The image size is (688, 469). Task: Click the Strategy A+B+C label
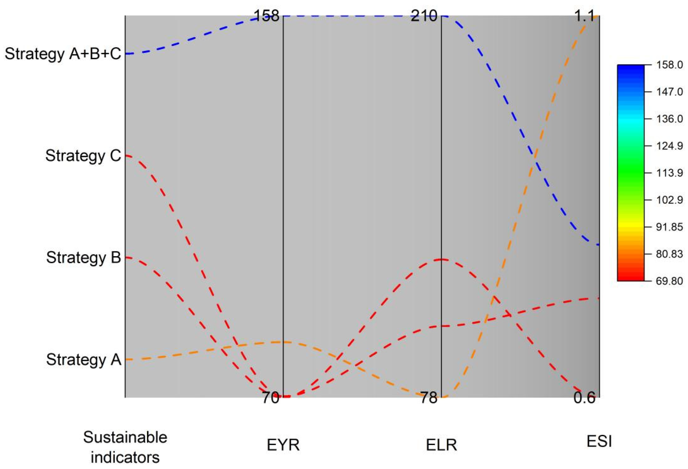pos(63,54)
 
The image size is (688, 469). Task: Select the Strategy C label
pos(83,156)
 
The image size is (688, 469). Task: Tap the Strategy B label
pos(84,258)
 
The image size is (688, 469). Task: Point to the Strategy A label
pos(84,360)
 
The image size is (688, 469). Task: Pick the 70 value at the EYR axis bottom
pos(270,398)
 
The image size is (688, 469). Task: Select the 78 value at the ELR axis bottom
pos(428,398)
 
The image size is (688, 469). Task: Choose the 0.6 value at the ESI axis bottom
pos(584,398)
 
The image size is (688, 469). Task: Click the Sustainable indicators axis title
pos(125,447)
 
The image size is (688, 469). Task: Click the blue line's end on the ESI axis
pos(599,245)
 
